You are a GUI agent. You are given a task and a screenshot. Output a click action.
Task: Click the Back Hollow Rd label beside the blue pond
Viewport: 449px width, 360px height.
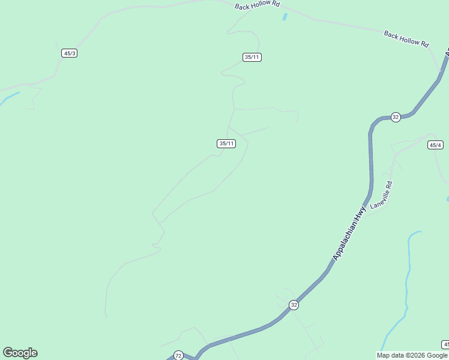(x=258, y=5)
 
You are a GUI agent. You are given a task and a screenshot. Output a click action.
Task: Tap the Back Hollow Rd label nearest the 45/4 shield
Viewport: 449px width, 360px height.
(x=406, y=39)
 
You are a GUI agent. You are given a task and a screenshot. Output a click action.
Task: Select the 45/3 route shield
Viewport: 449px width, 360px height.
(x=70, y=53)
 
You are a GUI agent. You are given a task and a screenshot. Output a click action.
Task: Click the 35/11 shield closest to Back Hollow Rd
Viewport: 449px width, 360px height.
(x=252, y=57)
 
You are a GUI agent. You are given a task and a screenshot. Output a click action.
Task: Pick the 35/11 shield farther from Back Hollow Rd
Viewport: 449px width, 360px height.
(x=226, y=143)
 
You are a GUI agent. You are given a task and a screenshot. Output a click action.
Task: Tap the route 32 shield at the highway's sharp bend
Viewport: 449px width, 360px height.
(x=395, y=117)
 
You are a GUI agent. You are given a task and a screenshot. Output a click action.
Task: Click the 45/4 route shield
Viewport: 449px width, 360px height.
(x=436, y=145)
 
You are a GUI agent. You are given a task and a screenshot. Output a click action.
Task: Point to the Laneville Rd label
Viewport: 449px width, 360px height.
(x=381, y=195)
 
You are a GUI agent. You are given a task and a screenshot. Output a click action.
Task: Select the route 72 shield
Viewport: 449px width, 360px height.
(x=178, y=356)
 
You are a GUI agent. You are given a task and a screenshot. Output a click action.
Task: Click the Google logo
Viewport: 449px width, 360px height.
(x=20, y=353)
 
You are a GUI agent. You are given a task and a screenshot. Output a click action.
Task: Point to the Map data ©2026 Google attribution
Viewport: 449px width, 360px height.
(x=412, y=355)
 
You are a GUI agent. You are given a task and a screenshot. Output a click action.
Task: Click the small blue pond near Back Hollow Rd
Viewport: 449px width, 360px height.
(x=285, y=17)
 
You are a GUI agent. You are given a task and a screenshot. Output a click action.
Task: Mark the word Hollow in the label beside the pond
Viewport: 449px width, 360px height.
(x=259, y=5)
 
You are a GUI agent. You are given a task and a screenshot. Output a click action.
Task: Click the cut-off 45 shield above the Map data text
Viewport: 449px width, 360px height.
(x=445, y=344)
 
